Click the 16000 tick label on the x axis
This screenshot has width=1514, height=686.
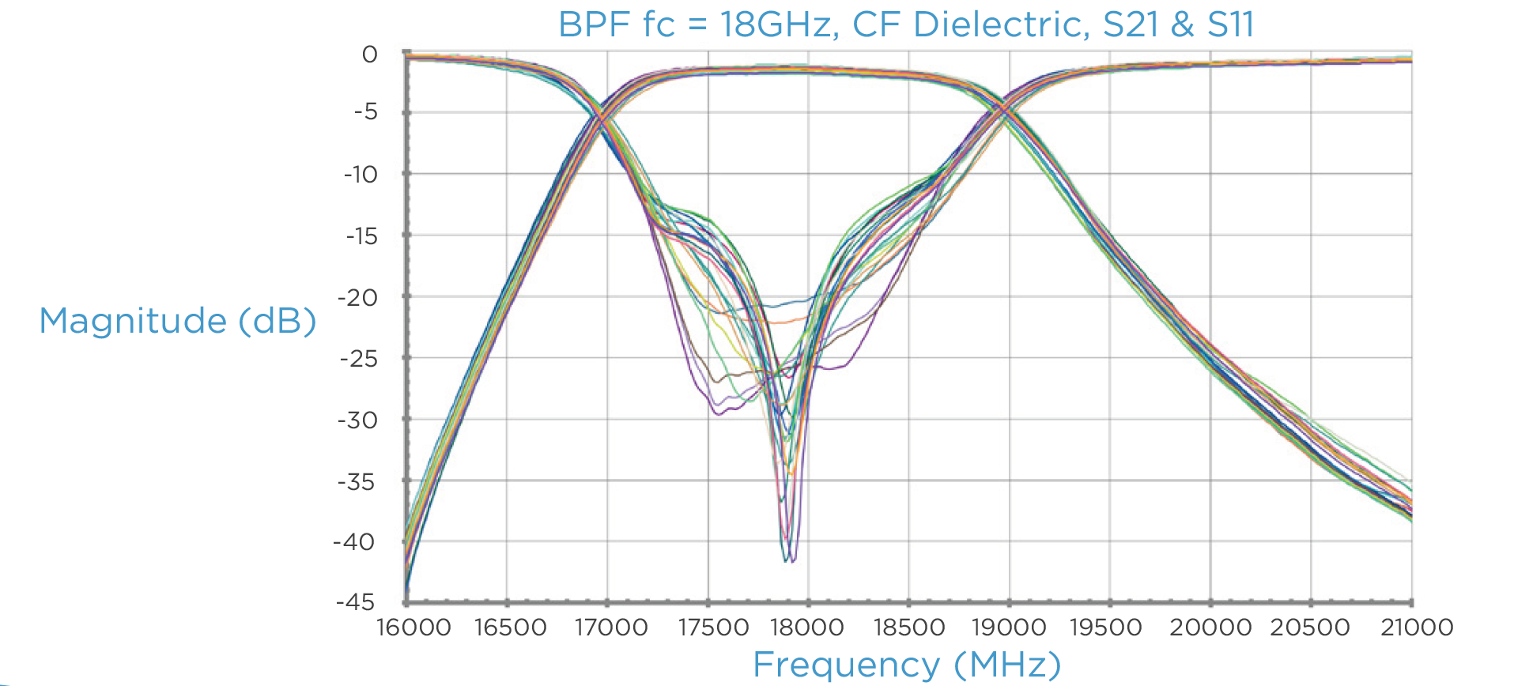pyautogui.click(x=413, y=628)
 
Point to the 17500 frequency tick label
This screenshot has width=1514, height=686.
pyautogui.click(x=713, y=628)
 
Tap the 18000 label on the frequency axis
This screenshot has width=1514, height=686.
pyautogui.click(x=807, y=628)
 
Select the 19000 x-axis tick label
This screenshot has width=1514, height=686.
pyautogui.click(x=1009, y=628)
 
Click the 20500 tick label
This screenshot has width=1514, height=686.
pyautogui.click(x=1310, y=628)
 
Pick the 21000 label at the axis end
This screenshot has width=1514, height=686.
pyautogui.click(x=1417, y=628)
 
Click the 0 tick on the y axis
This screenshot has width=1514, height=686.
pyautogui.click(x=369, y=55)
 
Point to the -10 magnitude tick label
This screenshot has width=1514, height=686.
pyautogui.click(x=361, y=174)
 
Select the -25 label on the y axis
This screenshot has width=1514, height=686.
pyautogui.click(x=360, y=359)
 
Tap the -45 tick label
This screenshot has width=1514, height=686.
pyautogui.click(x=356, y=602)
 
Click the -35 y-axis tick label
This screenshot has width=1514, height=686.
pyautogui.click(x=357, y=481)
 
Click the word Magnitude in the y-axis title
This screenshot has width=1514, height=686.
pyautogui.click(x=133, y=321)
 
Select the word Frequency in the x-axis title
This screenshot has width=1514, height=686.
pyautogui.click(x=846, y=665)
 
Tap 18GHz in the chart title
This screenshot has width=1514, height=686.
pyautogui.click(x=778, y=24)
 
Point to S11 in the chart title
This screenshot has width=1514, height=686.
pyautogui.click(x=1230, y=24)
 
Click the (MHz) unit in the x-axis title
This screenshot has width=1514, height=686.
pyautogui.click(x=1007, y=665)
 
